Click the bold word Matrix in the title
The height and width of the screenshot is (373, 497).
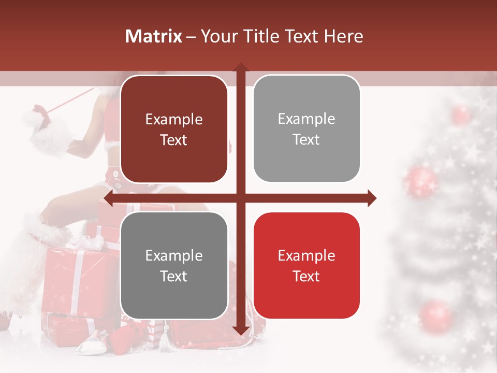pos(154,36)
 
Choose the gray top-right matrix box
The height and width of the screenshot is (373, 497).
pos(306,128)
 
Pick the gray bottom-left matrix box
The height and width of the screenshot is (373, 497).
pos(174,265)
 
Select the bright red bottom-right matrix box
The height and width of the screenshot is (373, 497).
pos(306,265)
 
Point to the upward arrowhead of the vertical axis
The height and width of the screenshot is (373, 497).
pos(240,67)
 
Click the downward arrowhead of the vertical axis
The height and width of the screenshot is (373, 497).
pos(240,331)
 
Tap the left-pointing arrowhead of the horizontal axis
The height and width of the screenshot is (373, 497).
pos(108,198)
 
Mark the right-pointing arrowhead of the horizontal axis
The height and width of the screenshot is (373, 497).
pos(372,198)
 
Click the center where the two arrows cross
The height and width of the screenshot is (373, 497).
pos(240,198)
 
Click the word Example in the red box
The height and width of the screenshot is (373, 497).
pos(306,255)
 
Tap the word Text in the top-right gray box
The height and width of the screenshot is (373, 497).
pos(306,139)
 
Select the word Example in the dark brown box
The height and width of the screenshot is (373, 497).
pos(174,119)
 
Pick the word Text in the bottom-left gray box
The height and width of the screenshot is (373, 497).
pos(174,276)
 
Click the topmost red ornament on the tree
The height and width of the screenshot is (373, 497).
pos(460,114)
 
